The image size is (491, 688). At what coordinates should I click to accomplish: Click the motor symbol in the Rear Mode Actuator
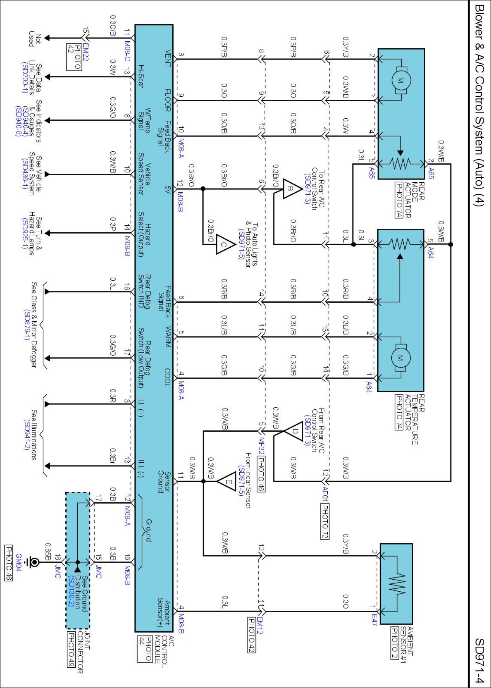click(x=401, y=80)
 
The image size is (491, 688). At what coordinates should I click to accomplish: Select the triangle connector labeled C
click(x=225, y=245)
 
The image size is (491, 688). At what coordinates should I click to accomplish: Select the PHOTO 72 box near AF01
click(x=325, y=521)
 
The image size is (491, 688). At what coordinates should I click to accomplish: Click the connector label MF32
click(x=261, y=445)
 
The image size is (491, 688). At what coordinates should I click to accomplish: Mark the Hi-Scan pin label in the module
click(x=141, y=77)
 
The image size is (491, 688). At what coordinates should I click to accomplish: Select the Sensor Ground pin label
click(x=164, y=482)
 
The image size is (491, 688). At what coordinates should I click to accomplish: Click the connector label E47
click(x=374, y=620)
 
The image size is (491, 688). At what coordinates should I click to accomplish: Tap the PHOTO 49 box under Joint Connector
click(x=71, y=649)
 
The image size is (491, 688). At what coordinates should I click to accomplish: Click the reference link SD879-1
click(x=26, y=324)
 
